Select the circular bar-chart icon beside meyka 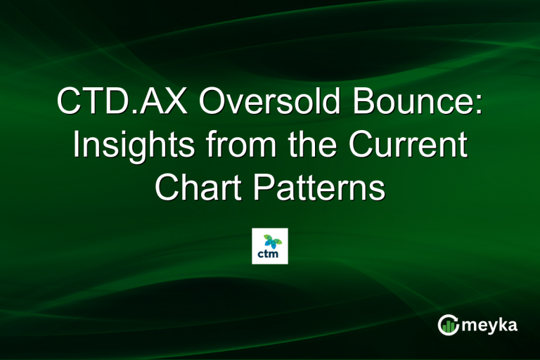pyautogui.click(x=449, y=325)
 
